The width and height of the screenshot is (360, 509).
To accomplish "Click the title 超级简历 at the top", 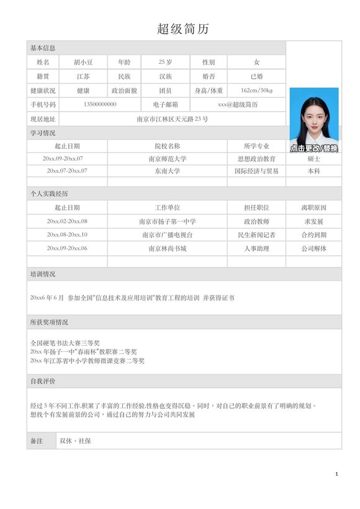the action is coord(183,29).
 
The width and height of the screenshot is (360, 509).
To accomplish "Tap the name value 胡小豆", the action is coord(83,62).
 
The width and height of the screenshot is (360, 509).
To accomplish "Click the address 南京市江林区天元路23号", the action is coord(172,119).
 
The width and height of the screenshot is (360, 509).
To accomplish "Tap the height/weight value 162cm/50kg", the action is coord(256,91).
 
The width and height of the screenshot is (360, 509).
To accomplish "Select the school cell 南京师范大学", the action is coord(167,159).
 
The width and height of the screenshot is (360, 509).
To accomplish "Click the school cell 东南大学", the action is coord(167,171).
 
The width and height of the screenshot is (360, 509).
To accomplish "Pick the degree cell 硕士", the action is coord(313,159).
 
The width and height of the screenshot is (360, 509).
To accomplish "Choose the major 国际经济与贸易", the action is coord(256,171).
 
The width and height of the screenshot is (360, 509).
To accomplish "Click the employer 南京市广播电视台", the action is coord(167,235).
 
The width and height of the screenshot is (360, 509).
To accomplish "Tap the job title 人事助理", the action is coord(256,248).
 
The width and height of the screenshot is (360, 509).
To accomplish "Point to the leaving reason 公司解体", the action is coord(313,248).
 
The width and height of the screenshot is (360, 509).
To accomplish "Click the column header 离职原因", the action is coord(313,207).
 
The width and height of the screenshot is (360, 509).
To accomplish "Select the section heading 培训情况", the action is coord(43,274).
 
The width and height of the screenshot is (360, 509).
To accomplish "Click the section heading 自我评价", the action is coord(43,381).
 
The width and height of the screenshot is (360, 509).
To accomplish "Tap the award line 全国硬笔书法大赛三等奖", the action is coord(65,343).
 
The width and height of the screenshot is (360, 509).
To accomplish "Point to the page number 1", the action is coord(336,474).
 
